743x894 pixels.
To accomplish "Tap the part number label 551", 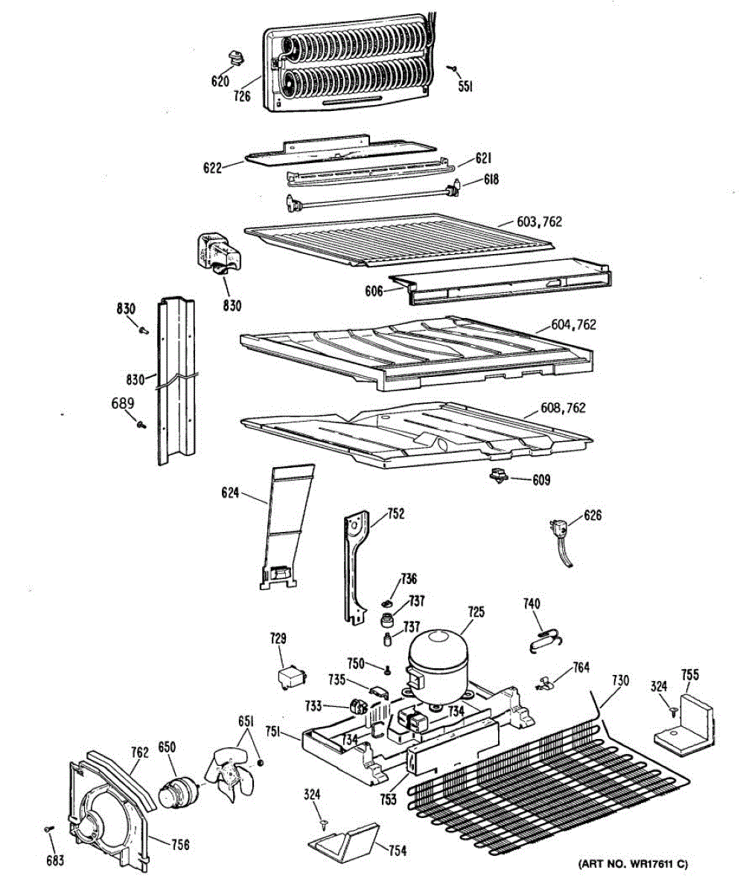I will pos(466,86).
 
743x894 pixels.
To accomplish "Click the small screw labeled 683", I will pos(49,828).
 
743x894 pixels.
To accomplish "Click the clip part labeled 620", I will pos(235,57).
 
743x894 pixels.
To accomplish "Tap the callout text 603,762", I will pos(539,222).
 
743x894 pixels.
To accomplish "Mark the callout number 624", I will pos(231,492).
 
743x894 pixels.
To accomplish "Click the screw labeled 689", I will pos(141,424).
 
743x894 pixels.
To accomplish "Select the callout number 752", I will pos(398,513).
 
